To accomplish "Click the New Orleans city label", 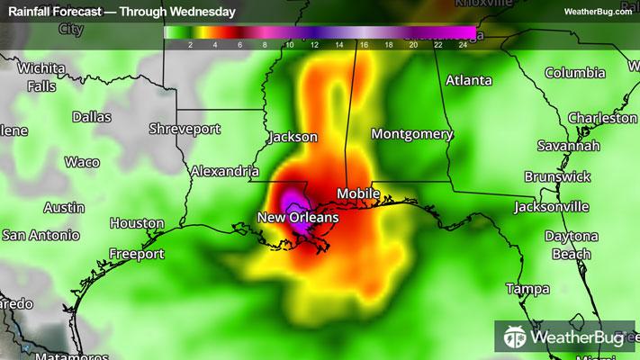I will (298, 218).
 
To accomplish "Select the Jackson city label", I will (293, 138).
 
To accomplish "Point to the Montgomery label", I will (412, 134).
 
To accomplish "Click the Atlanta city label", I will (469, 80).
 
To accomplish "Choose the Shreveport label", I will (185, 129).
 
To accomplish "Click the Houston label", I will (137, 223).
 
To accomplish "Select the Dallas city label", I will (92, 117).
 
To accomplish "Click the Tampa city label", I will (527, 289).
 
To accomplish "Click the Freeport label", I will (137, 254).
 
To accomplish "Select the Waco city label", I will (82, 162).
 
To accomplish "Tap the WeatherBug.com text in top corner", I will (598, 12).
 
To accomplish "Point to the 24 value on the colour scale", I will (463, 43).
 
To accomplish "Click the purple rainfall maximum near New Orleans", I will (293, 200).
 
